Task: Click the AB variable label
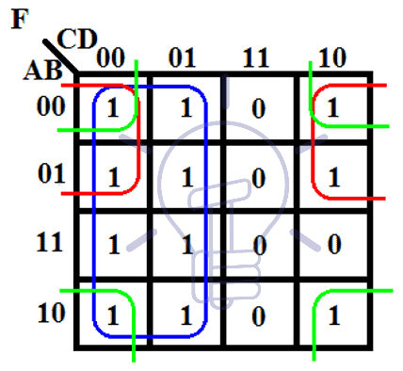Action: coord(42,72)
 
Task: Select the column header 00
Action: coord(111,58)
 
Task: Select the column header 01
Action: coord(185,57)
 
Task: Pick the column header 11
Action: coord(257,57)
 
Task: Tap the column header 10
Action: coord(331,57)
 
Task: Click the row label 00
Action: coord(49,106)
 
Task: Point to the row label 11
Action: coord(49,243)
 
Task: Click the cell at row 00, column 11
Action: coord(259,107)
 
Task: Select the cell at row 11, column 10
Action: coord(332,246)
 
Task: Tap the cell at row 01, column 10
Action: coord(332,176)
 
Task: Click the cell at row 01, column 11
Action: coord(259,176)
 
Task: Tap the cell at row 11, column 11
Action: coord(259,246)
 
